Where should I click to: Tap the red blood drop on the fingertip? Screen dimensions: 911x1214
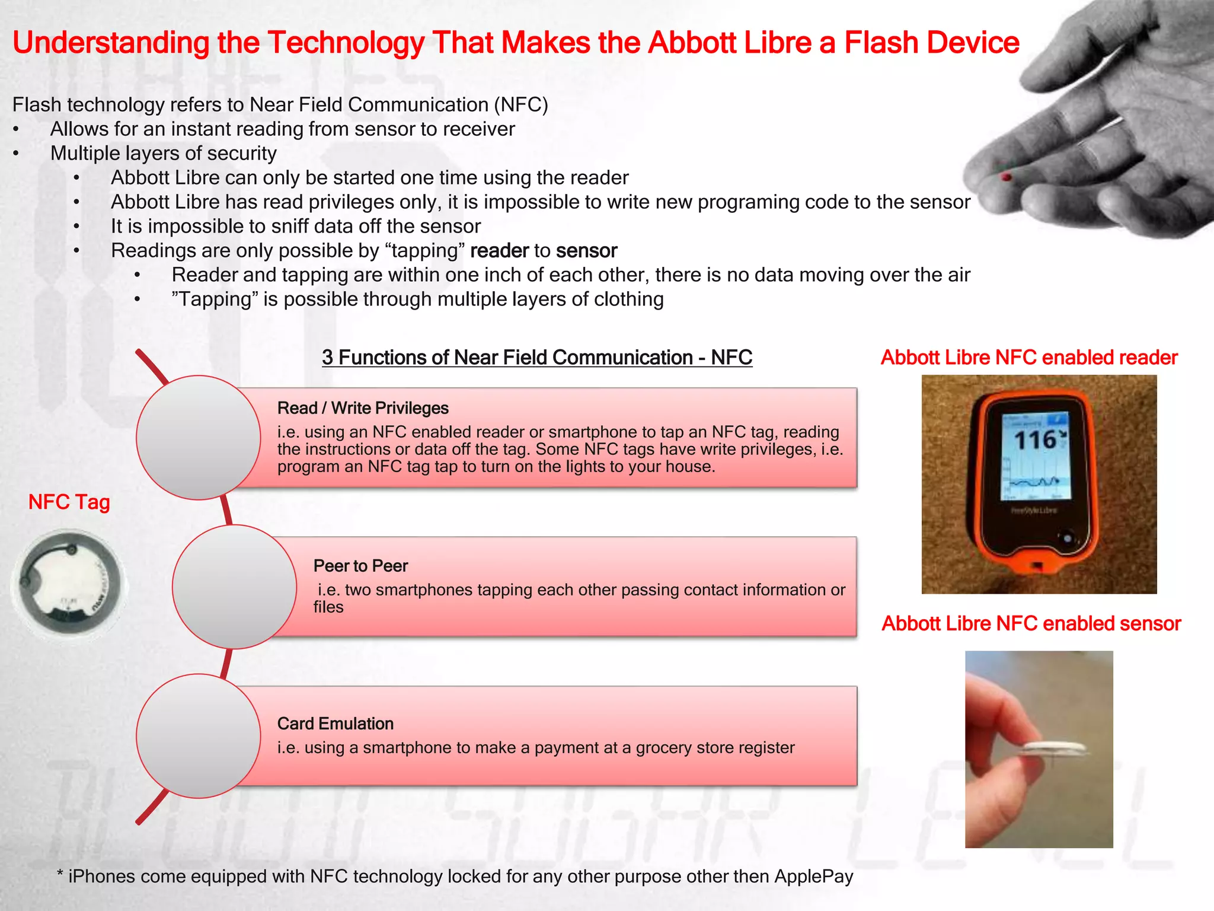(x=1006, y=177)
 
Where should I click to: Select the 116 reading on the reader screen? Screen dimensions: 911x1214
(x=1035, y=440)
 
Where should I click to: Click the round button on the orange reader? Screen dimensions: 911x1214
(x=1068, y=539)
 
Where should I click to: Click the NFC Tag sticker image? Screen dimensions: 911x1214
(x=69, y=584)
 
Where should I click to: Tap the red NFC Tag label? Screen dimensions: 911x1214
(x=69, y=502)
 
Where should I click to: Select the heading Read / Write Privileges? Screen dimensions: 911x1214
(x=363, y=408)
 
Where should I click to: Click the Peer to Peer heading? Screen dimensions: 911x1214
(x=360, y=566)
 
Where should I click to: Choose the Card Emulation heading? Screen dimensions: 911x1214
(x=336, y=724)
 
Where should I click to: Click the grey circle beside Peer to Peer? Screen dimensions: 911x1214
(x=234, y=587)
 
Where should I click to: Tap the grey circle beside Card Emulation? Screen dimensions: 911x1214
(x=198, y=736)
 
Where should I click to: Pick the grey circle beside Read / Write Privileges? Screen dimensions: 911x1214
(x=198, y=438)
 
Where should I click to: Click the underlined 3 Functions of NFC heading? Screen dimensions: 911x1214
(x=537, y=358)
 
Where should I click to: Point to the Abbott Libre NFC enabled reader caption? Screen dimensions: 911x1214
(x=1029, y=358)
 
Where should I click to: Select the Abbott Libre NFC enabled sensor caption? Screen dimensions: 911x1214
(x=1031, y=624)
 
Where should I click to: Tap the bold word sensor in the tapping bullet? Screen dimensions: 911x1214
(x=586, y=251)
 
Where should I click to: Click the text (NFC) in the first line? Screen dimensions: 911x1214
(x=521, y=105)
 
